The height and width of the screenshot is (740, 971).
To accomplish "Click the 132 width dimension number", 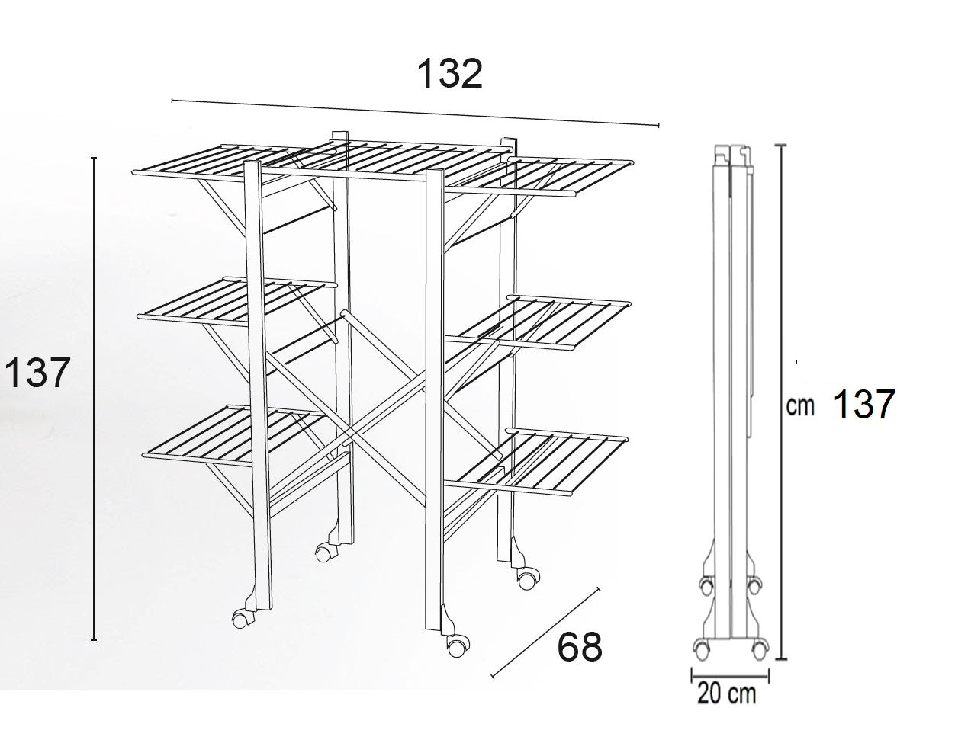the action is coord(449,74).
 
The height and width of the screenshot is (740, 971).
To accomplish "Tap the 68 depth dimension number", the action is coord(579,648).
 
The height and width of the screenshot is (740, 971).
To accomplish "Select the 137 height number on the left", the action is coord(37,373).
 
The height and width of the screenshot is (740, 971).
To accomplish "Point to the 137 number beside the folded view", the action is coord(864,404).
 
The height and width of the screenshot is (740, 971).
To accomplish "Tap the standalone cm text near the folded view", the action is coord(800,405).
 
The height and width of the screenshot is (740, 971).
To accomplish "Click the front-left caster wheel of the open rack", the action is coord(240,620).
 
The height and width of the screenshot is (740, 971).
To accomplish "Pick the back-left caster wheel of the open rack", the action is coord(323,553).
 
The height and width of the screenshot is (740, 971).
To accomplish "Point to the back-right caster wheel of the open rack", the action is coord(527,580).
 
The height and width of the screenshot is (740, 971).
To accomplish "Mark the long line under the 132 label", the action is coord(415,113).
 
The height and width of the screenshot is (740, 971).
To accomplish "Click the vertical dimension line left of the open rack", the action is coord(93,398).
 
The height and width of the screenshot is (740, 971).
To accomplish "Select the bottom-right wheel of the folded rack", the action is coord(759,648).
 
